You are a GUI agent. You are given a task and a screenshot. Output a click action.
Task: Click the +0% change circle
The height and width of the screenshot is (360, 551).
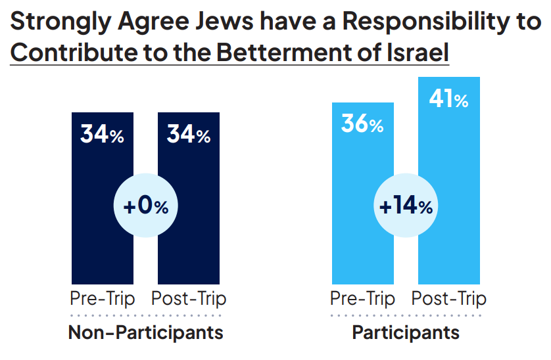(145, 206)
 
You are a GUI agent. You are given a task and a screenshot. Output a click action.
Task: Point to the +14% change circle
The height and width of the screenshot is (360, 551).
(406, 206)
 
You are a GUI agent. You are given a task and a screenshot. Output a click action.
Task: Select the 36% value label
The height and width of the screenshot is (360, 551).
(362, 124)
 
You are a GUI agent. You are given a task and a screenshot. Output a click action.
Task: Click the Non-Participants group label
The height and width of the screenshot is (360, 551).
(145, 332)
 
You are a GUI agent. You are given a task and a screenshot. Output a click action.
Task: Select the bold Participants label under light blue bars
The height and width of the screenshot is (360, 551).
(406, 332)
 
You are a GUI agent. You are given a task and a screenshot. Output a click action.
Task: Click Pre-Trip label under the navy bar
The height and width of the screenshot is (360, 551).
(102, 299)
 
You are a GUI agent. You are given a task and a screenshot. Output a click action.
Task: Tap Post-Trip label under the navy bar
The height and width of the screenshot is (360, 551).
(189, 299)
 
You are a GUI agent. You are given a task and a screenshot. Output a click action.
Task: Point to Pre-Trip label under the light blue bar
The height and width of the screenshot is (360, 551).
(362, 299)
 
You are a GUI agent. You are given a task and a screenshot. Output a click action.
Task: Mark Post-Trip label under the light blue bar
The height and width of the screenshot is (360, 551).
(449, 299)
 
